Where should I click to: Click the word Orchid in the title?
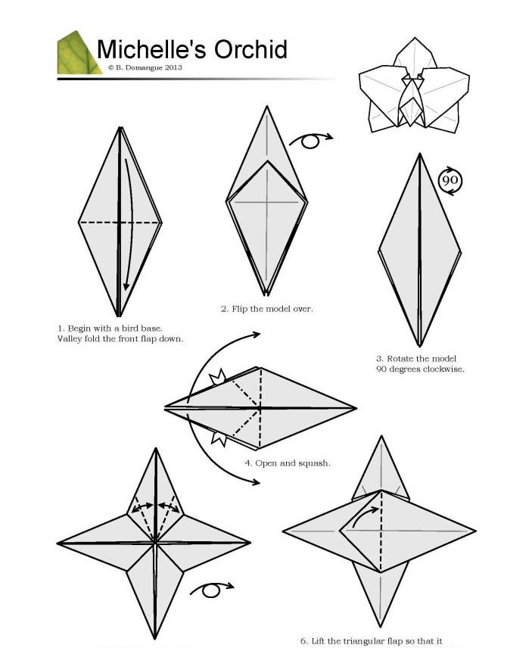pos(250,49)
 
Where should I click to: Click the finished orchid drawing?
pos(414,85)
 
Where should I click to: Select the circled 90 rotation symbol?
pos(450,181)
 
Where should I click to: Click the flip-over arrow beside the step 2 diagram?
pos(311,140)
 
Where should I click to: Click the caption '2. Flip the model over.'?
pos(267,309)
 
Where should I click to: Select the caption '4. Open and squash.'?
pos(288,463)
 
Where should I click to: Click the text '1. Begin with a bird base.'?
pos(110,329)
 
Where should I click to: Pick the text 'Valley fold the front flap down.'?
pos(120,339)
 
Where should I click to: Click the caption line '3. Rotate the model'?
pos(416,358)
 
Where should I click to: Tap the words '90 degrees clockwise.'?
pos(420,369)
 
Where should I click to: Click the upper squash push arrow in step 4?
pos(218,376)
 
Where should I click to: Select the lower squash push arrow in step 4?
pos(219,438)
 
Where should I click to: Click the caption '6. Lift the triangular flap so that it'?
pos(371,641)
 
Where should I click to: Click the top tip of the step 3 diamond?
pos(420,154)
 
